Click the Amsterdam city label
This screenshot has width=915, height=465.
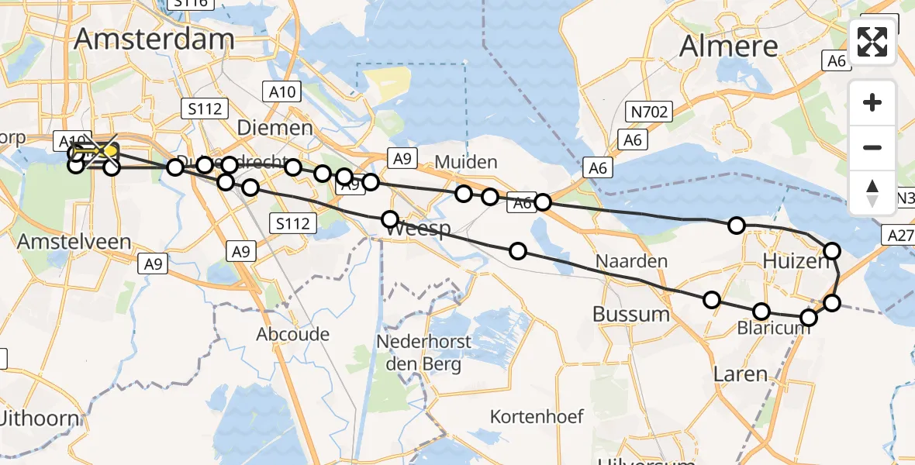154,40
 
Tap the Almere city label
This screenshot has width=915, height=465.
728,46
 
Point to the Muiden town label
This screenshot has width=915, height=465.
465,163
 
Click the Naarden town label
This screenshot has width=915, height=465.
631,260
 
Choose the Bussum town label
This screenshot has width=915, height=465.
630,314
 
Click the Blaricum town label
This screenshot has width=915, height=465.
774,327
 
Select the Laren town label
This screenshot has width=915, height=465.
740,374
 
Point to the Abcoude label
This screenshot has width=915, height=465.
293,335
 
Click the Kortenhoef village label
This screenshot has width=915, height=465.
537,417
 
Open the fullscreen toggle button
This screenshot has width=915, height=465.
872,42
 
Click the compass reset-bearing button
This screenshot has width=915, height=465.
872,192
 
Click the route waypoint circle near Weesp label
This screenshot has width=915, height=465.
390,219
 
